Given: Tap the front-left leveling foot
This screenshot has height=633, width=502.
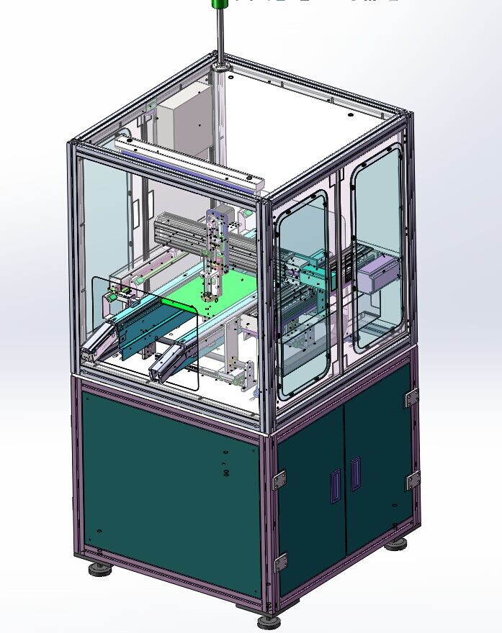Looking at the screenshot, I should click(x=99, y=570).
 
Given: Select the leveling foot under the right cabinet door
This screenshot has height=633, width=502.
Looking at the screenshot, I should click(x=395, y=545).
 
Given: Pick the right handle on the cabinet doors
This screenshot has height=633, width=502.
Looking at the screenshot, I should click(x=355, y=475).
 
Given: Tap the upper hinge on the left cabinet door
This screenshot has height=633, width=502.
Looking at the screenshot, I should click(x=279, y=479).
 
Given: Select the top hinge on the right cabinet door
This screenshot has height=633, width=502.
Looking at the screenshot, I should click(x=411, y=397).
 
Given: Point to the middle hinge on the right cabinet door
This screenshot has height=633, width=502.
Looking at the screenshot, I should click(x=413, y=481).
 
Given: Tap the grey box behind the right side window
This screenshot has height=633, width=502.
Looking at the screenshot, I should click(x=380, y=274).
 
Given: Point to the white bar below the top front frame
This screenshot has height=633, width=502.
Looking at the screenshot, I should click(x=187, y=165).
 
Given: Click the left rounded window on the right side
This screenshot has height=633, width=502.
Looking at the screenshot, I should click(x=302, y=295).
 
